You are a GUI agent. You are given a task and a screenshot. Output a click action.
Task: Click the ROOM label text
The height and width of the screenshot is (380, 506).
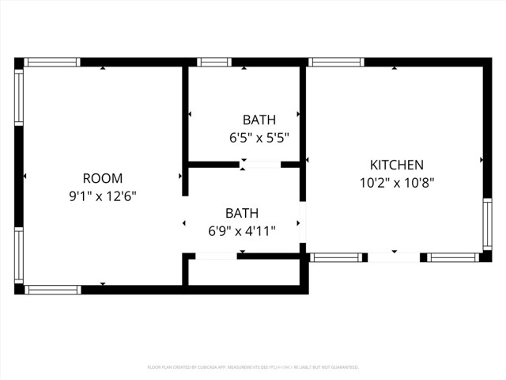pyautogui.click(x=102, y=178)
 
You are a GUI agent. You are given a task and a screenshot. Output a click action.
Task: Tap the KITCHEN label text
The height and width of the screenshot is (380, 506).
pyautogui.click(x=397, y=165)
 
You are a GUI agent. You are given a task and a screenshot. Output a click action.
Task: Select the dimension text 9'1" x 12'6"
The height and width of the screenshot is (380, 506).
pyautogui.click(x=103, y=196)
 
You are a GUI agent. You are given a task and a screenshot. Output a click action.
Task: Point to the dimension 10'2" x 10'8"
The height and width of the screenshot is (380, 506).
pyautogui.click(x=397, y=182)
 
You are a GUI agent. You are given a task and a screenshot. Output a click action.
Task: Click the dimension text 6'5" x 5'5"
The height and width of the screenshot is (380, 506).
pyautogui.click(x=259, y=137)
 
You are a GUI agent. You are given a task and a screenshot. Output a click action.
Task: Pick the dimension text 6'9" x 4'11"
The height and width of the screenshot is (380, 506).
pyautogui.click(x=242, y=230)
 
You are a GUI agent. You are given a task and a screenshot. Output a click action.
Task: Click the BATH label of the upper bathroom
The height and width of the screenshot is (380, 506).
pyautogui.click(x=259, y=120)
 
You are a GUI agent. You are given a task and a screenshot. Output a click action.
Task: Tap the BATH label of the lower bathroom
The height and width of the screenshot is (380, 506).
pyautogui.click(x=242, y=213)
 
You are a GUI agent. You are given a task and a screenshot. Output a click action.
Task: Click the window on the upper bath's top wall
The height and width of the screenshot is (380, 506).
pyautogui.click(x=213, y=62)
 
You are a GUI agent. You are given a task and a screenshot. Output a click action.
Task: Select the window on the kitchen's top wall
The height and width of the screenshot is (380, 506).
pyautogui.click(x=336, y=62)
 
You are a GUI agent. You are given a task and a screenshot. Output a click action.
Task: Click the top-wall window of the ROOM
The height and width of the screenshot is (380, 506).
pyautogui.click(x=52, y=62)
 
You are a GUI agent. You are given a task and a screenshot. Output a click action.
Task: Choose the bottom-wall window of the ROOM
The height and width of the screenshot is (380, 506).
pyautogui.click(x=53, y=290)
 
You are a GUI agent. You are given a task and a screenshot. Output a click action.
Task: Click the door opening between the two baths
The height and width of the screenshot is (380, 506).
pyautogui.click(x=260, y=165)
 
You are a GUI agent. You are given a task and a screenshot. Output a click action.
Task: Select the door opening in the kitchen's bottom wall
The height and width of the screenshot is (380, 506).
pyautogui.click(x=393, y=257)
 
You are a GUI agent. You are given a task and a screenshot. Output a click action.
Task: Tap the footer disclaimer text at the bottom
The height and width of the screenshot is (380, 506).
pyautogui.click(x=253, y=367)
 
